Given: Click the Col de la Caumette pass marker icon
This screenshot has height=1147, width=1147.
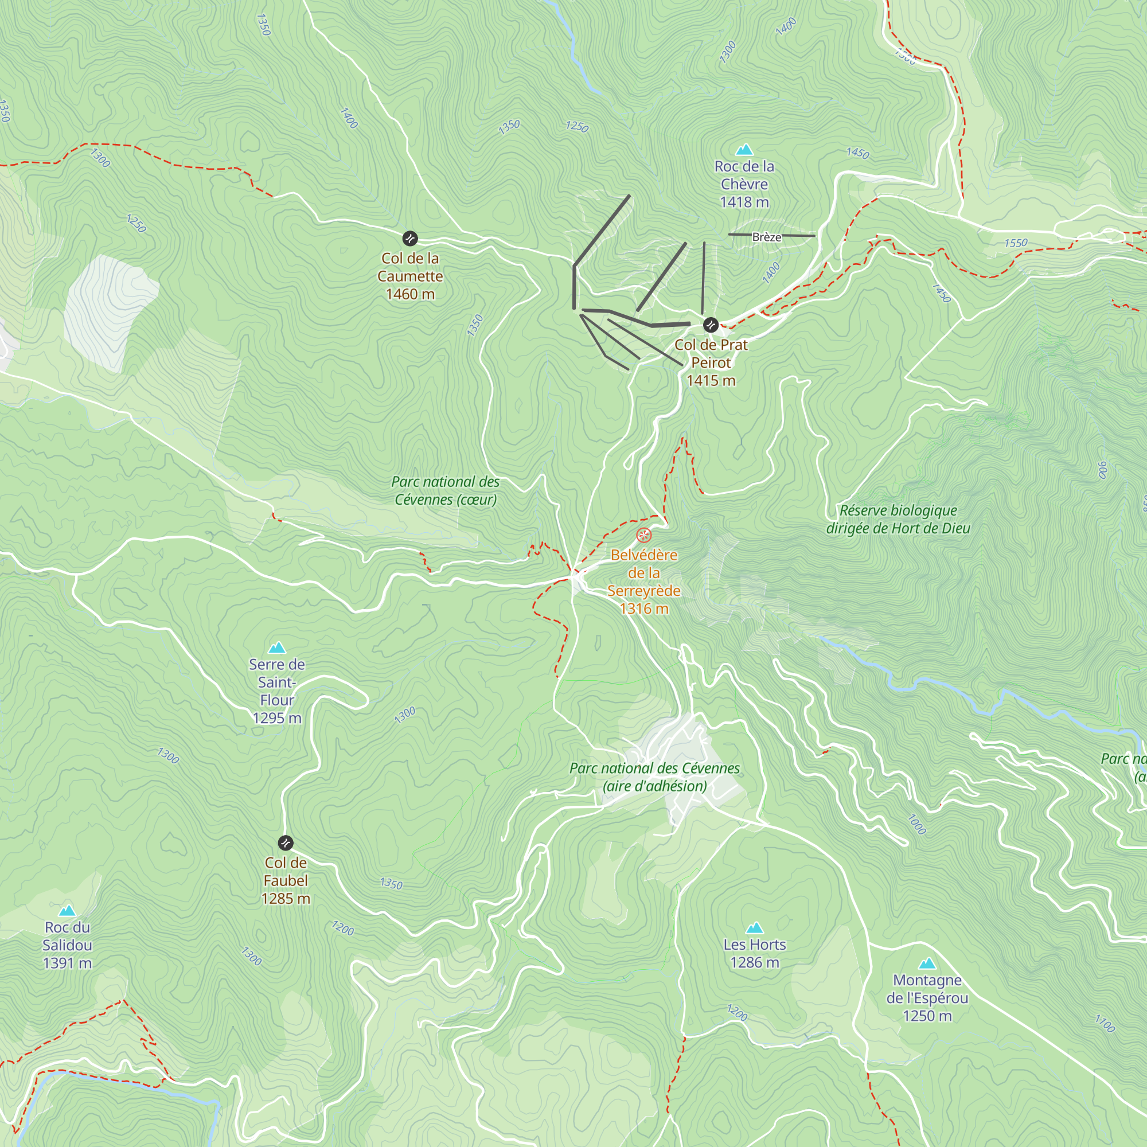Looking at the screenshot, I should [409, 239].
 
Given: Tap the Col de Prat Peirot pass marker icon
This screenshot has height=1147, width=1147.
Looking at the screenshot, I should [711, 325].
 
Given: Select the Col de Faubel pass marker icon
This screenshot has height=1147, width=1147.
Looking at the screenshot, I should [286, 843].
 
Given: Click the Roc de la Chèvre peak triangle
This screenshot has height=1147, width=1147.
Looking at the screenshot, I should [744, 150].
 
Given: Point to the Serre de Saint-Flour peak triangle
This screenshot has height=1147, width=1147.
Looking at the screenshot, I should [276, 647].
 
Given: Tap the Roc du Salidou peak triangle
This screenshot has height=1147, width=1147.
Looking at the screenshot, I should [67, 911].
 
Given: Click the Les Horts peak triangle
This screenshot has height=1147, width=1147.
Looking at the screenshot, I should [754, 928].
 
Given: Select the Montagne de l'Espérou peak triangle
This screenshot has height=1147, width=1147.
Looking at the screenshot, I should [927, 963].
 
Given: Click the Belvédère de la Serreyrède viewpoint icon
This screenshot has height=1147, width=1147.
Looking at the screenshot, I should [643, 536].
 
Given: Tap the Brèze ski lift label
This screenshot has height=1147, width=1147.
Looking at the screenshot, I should [766, 237].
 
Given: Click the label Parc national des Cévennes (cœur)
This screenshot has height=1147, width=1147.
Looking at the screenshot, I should [445, 490].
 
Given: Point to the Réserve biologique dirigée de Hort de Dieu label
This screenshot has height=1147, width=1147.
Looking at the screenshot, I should [898, 520].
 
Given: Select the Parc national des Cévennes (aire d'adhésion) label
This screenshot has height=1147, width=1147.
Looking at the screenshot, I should [654, 777].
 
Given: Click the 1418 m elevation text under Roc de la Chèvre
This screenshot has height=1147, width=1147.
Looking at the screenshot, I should [744, 202].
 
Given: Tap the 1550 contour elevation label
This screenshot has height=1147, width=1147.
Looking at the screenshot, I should [1016, 243].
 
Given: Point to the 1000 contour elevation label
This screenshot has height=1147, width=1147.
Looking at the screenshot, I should [917, 824].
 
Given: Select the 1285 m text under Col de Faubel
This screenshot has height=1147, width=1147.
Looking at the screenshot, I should [286, 899].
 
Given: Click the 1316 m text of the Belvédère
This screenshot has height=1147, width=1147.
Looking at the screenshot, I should [643, 608].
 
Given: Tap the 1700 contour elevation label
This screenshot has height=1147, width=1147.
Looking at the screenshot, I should [1105, 1024].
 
